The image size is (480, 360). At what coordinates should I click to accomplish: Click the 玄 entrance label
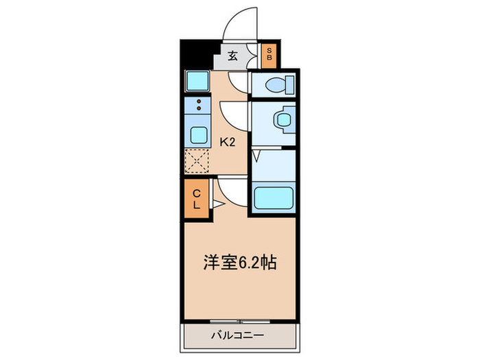(233, 56)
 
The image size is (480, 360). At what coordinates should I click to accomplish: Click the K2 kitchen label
(228, 143)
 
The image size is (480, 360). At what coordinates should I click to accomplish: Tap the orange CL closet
(195, 198)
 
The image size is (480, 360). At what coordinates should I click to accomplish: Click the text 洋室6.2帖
(239, 263)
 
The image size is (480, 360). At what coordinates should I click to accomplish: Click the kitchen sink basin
(198, 134)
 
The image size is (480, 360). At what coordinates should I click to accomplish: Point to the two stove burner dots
(198, 106)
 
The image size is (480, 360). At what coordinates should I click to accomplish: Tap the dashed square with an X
(197, 162)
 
